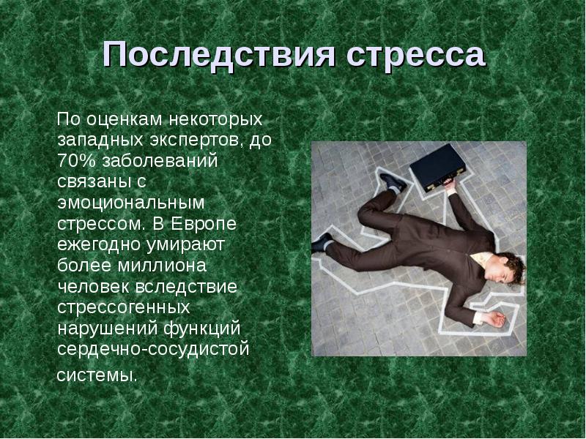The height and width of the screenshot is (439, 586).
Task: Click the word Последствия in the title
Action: (x=218, y=55)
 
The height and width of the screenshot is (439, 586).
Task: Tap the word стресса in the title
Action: (x=416, y=56)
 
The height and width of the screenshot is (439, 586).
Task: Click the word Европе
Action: (x=204, y=224)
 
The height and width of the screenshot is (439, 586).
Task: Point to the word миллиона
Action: (x=162, y=266)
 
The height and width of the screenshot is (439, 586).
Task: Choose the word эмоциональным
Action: (x=131, y=203)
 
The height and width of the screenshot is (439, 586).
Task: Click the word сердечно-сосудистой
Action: (x=153, y=349)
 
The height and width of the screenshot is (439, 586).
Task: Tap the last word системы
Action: (x=97, y=375)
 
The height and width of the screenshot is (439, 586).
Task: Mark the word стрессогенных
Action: (x=124, y=307)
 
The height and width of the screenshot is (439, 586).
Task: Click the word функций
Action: (x=202, y=329)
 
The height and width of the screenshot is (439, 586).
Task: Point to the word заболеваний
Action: (x=159, y=161)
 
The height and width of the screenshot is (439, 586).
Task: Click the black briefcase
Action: (x=437, y=167)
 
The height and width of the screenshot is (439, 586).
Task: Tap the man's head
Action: (x=505, y=268)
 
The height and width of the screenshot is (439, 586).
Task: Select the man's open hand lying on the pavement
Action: (x=492, y=319)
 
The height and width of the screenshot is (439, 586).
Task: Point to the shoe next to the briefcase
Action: (x=393, y=181)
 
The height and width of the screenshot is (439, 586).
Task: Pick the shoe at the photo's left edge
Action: (x=322, y=243)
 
